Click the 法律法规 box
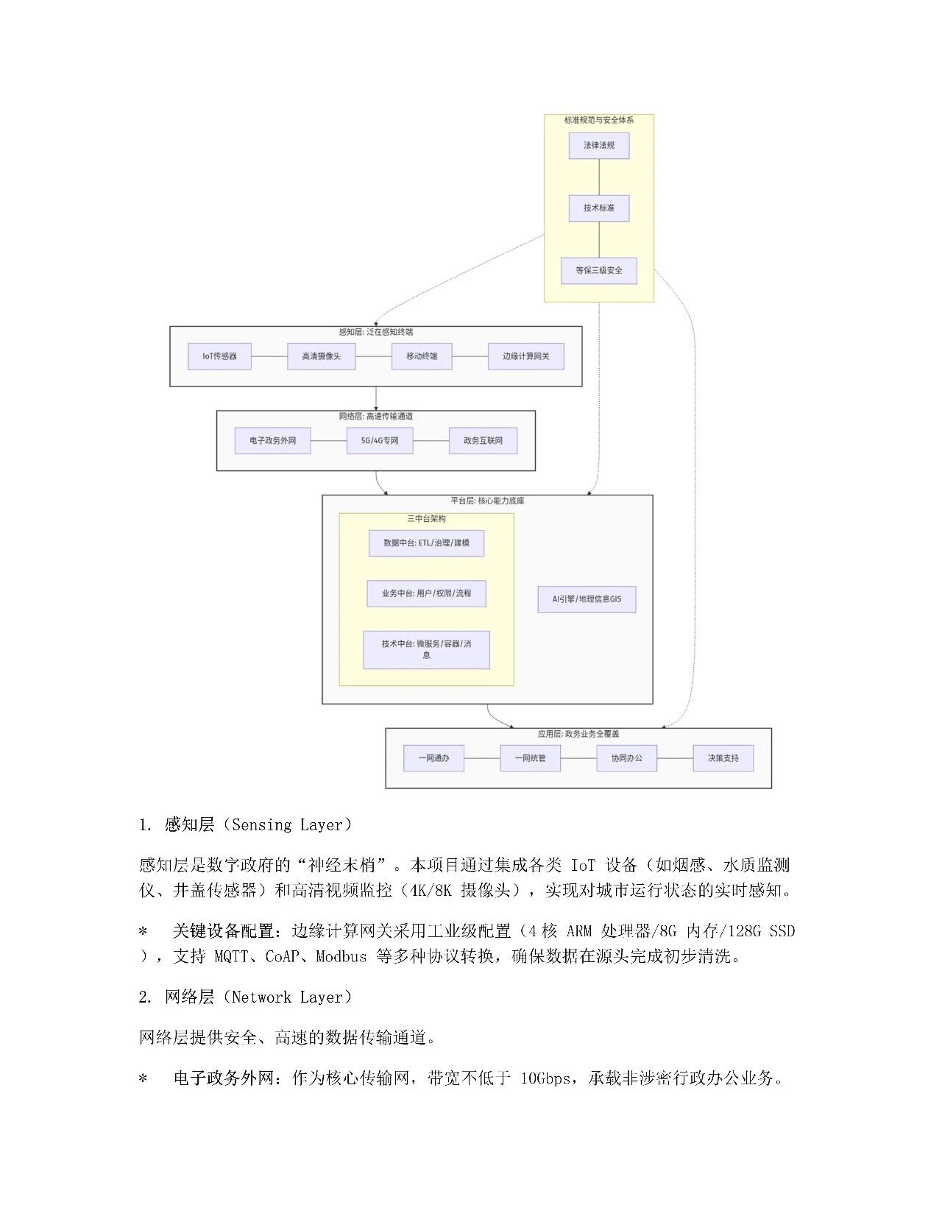[598, 145]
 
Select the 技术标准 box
[598, 208]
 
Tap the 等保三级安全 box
[598, 270]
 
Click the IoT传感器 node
[219, 356]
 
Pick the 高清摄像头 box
[321, 356]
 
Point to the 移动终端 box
[422, 356]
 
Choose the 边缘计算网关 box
[525, 356]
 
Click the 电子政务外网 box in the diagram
[272, 440]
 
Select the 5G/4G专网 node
[379, 440]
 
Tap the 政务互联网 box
[483, 440]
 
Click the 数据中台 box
[426, 543]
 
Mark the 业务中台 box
[426, 593]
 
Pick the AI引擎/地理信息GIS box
[587, 599]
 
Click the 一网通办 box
[433, 758]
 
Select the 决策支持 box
[723, 758]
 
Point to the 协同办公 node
[626, 758]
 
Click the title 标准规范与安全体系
[598, 120]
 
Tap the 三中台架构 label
[426, 519]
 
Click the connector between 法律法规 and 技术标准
[599, 177]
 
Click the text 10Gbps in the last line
[545, 1079]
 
